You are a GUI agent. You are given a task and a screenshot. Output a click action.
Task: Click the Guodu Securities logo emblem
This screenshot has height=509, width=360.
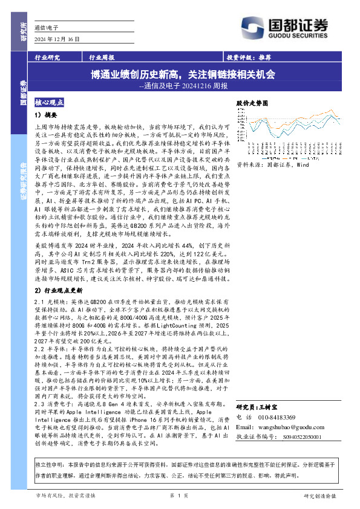point(251,24)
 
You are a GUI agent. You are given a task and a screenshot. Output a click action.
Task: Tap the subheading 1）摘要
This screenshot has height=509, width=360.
point(45,114)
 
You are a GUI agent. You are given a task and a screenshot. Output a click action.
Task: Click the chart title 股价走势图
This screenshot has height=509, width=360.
point(252,104)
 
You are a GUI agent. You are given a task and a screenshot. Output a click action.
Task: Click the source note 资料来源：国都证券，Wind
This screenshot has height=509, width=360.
point(272,164)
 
